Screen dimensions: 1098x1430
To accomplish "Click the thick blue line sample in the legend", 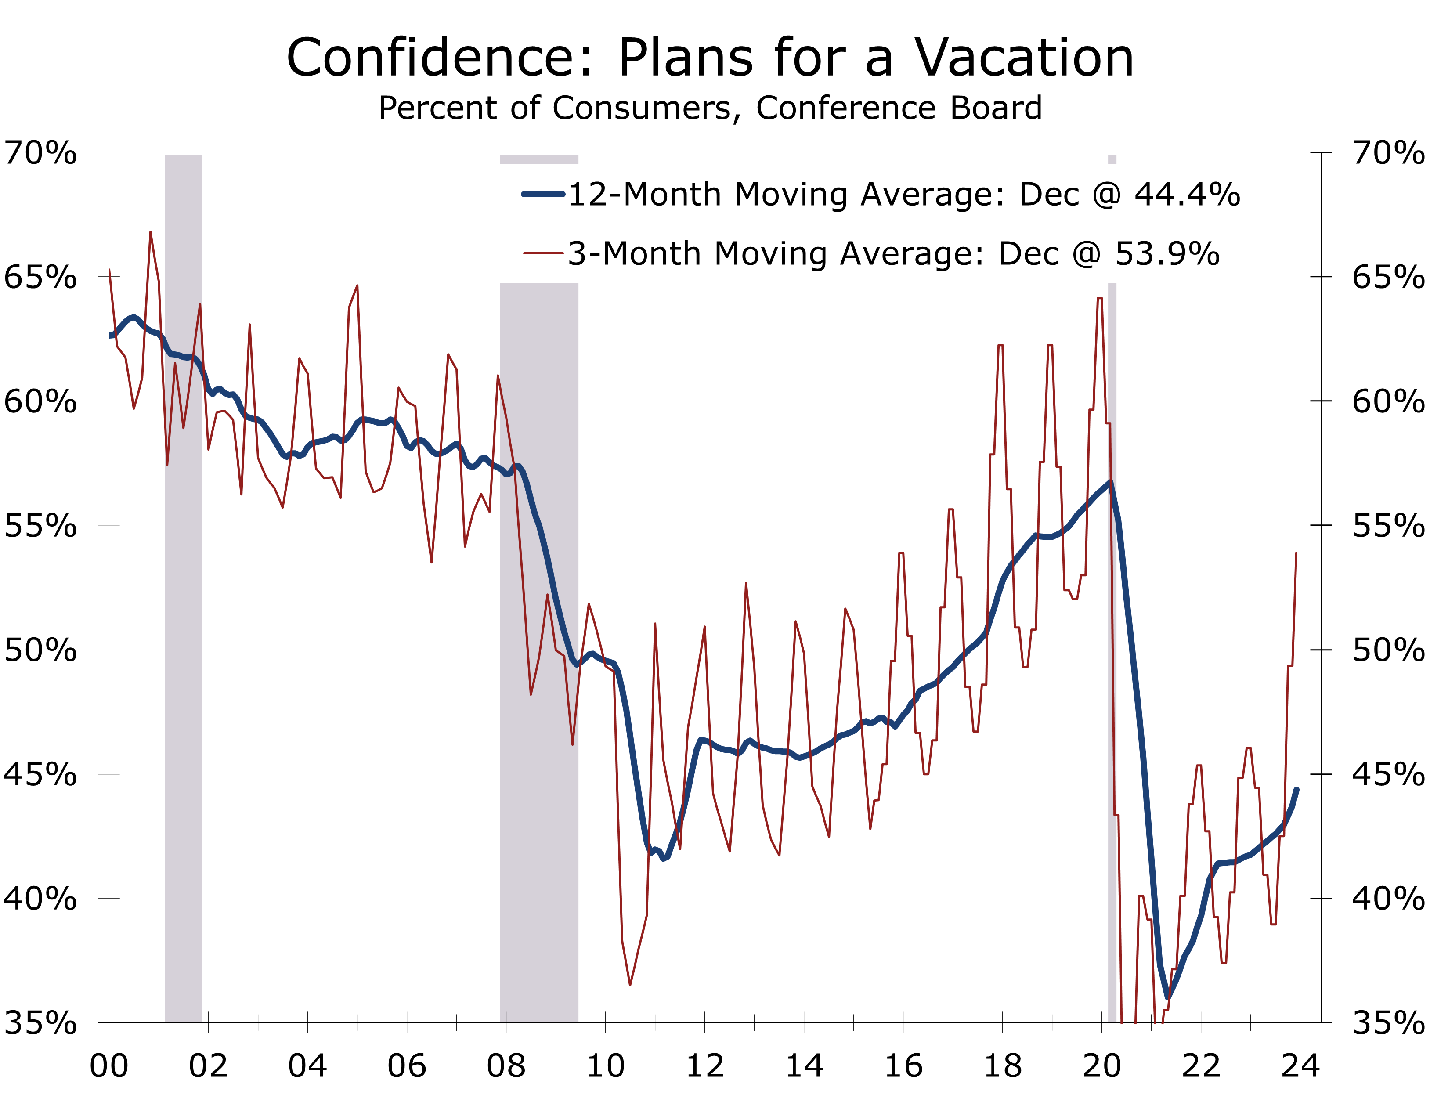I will (x=543, y=194).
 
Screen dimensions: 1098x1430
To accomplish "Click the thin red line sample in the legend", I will (x=543, y=253).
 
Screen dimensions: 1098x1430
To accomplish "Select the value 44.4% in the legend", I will (x=1187, y=194).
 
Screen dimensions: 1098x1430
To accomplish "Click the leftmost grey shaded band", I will (x=184, y=588).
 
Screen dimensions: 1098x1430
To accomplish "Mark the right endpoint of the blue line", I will (x=1296, y=790).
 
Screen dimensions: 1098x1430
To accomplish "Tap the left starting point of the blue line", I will (x=110, y=335).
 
